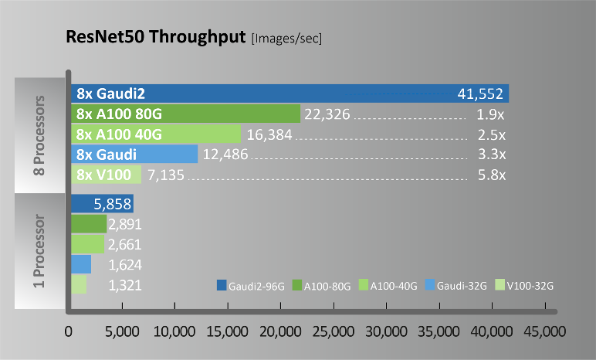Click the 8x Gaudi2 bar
290,93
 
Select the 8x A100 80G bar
185,114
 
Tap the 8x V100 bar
106,175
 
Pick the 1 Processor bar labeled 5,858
102,204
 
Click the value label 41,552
480,94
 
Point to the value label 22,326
327,114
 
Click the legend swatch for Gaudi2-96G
222,286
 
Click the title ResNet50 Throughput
155,37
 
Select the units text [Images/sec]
286,39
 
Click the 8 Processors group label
41,135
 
